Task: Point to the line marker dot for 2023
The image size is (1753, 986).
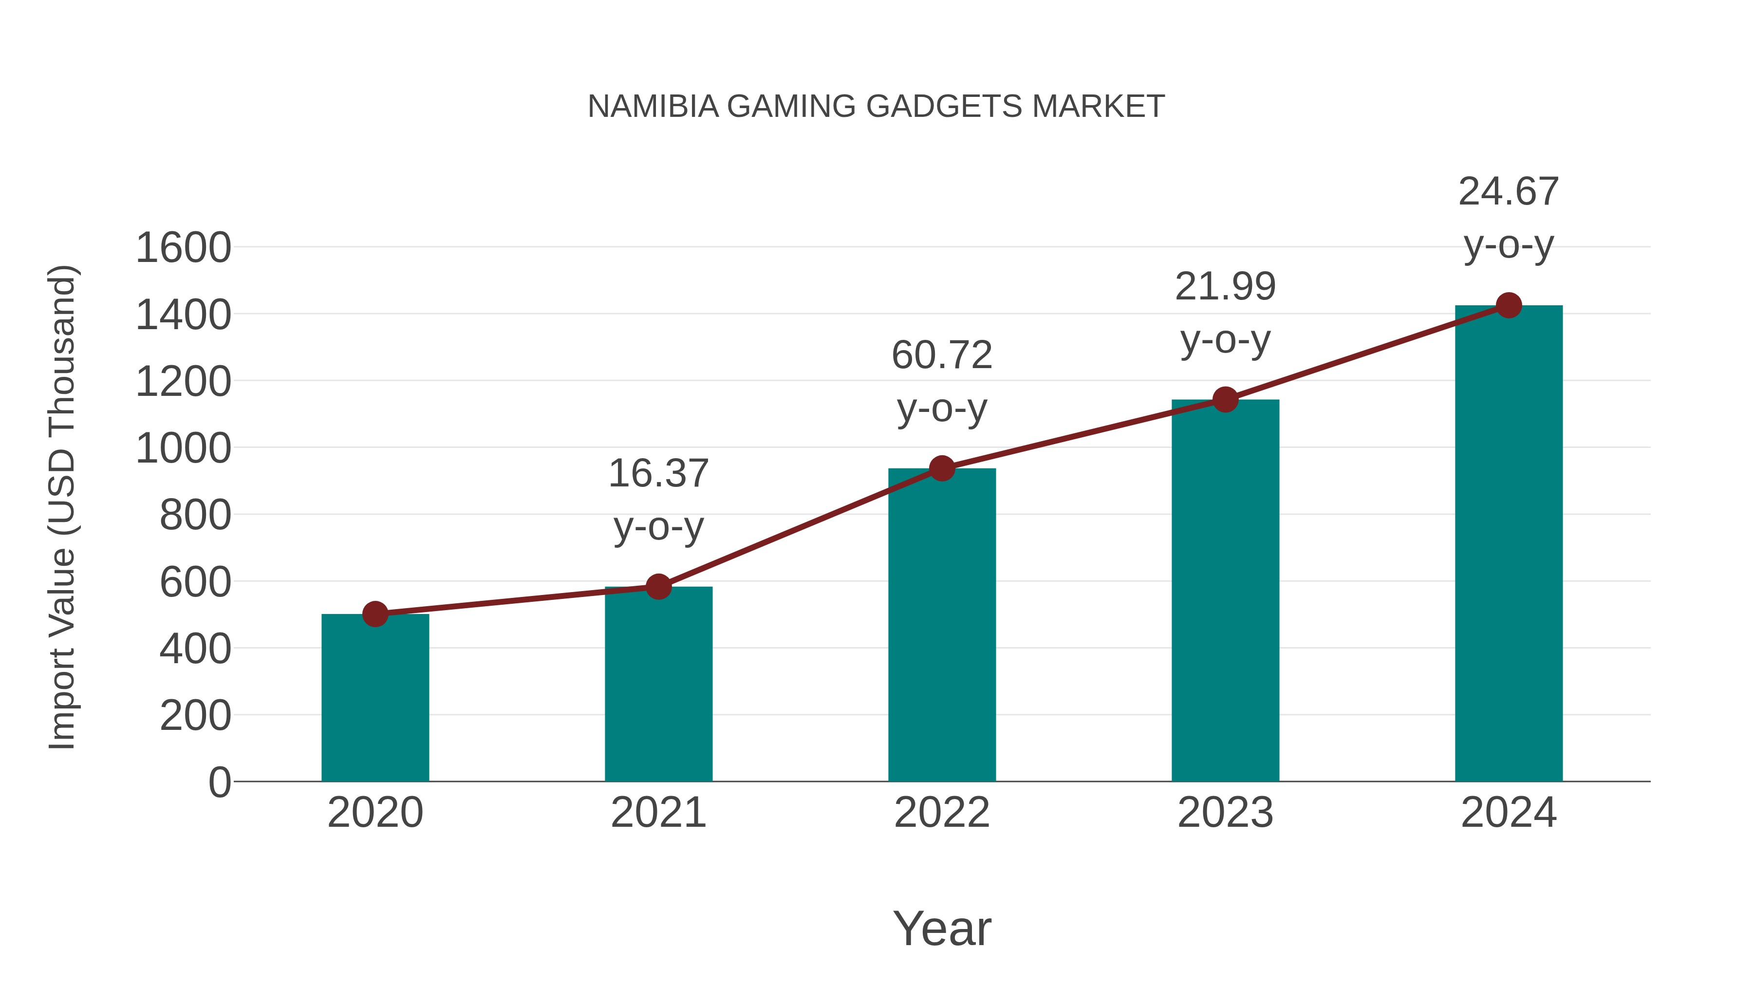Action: [x=1226, y=399]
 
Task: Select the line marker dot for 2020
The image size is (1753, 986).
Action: [x=375, y=614]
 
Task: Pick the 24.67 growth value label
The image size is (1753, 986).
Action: [x=1509, y=191]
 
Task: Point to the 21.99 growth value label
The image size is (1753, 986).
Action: [x=1226, y=286]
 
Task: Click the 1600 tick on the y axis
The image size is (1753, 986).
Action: [x=184, y=248]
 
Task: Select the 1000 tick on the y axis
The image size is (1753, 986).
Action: [x=184, y=448]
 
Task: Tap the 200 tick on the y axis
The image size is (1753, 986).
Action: [x=195, y=716]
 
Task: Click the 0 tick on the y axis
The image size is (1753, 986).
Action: [x=220, y=782]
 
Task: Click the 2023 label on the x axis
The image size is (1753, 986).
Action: [x=1226, y=813]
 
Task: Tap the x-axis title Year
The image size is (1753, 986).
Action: [x=942, y=928]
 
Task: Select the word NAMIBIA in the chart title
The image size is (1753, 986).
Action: [x=653, y=107]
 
